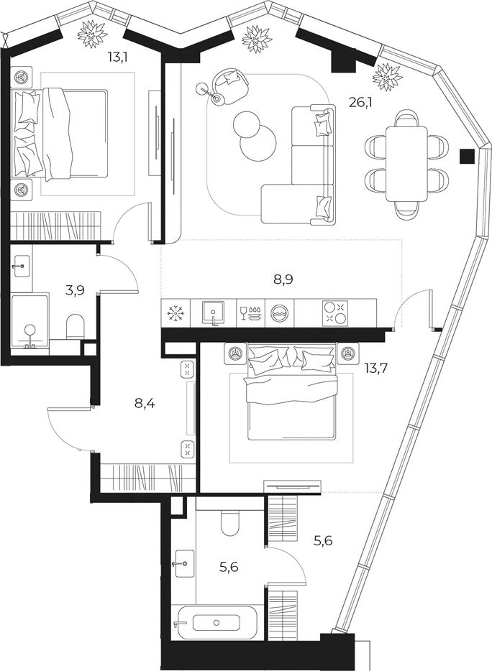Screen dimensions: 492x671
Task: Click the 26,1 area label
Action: coord(360,103)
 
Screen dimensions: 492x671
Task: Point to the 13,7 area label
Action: coord(376,367)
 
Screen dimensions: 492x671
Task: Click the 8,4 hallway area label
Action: coord(145,403)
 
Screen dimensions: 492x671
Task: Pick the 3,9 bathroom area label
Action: coord(75,290)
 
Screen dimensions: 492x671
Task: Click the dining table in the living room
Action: coord(407,164)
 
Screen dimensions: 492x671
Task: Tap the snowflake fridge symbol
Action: coord(176,313)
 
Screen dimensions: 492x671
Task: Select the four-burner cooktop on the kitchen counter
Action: coord(335,313)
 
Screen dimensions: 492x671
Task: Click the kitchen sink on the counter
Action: coord(214,313)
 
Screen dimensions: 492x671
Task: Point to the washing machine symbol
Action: coord(280,313)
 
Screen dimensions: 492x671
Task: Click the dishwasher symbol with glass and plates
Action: coord(251,313)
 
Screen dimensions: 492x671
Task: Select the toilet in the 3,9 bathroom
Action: coord(76,328)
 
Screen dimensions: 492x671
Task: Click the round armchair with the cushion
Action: coord(231,85)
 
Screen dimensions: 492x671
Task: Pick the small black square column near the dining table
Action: coord(467,156)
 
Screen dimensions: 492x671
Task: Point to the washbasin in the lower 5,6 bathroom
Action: coord(183,563)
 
